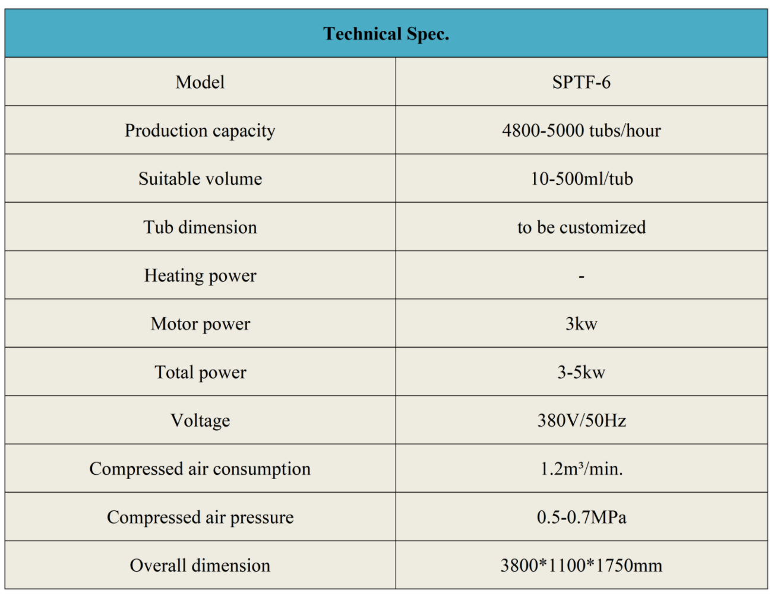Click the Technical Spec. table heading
(386, 34)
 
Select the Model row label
(200, 82)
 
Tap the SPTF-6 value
(581, 82)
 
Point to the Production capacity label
(200, 131)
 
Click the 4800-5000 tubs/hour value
(581, 131)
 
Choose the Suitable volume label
(200, 179)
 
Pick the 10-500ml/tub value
(581, 179)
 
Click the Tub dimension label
(200, 227)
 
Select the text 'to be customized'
(581, 227)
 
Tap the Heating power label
(200, 276)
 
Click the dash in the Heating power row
(582, 277)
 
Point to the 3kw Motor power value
(581, 324)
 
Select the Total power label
(200, 373)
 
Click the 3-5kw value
(581, 373)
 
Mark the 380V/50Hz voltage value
(581, 421)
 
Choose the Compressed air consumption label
(200, 469)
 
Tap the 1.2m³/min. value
(581, 469)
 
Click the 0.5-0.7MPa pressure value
(581, 517)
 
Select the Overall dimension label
(200, 566)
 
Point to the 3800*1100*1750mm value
(581, 566)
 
